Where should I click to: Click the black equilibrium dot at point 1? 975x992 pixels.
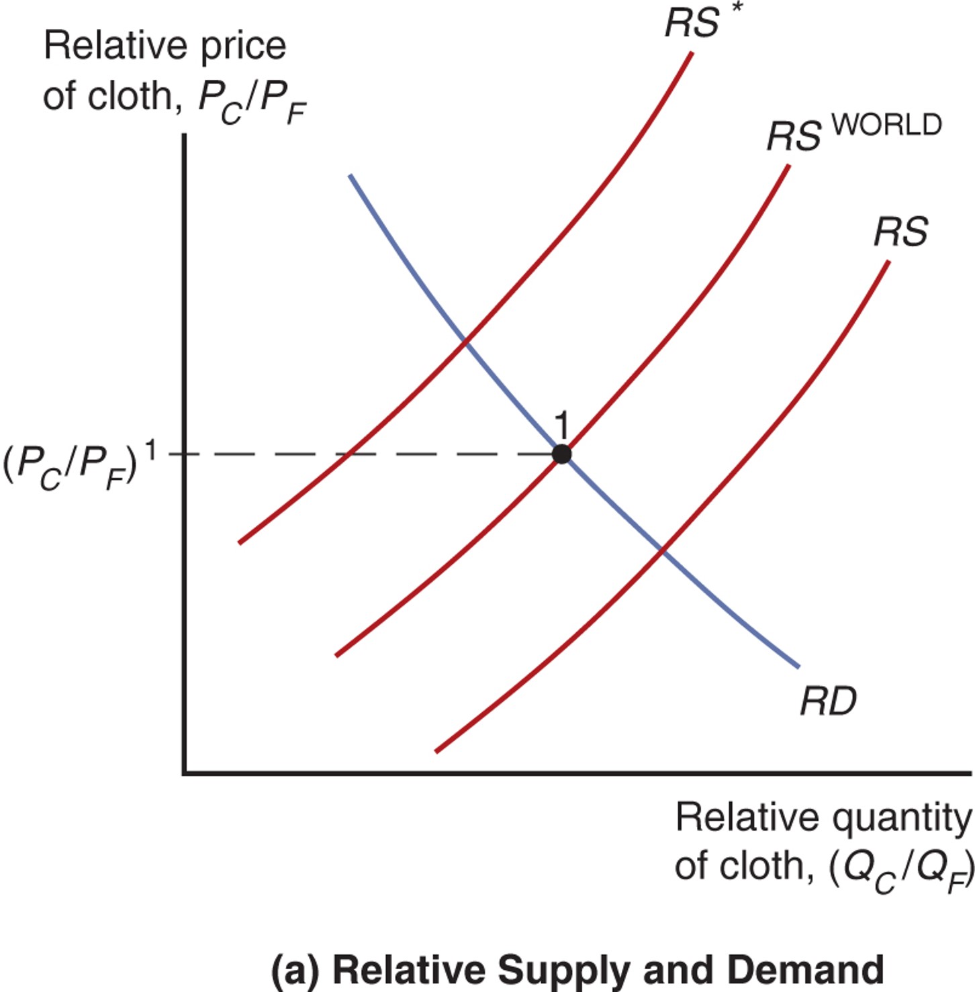coord(561,454)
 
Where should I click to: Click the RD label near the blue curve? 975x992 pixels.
coord(828,701)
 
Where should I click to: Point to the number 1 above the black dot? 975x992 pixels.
coord(561,426)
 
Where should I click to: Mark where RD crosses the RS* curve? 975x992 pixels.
coord(465,343)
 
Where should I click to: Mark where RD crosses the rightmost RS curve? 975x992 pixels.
coord(662,551)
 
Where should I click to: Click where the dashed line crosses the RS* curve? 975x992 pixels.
coord(347,454)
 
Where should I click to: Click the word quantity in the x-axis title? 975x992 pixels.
coord(902,817)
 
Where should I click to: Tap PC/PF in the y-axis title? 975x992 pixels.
coord(252,101)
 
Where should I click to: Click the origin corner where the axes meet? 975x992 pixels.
coord(185,773)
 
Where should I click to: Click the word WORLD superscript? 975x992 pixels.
coord(886,125)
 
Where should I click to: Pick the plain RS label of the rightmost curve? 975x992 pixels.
coord(900,232)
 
